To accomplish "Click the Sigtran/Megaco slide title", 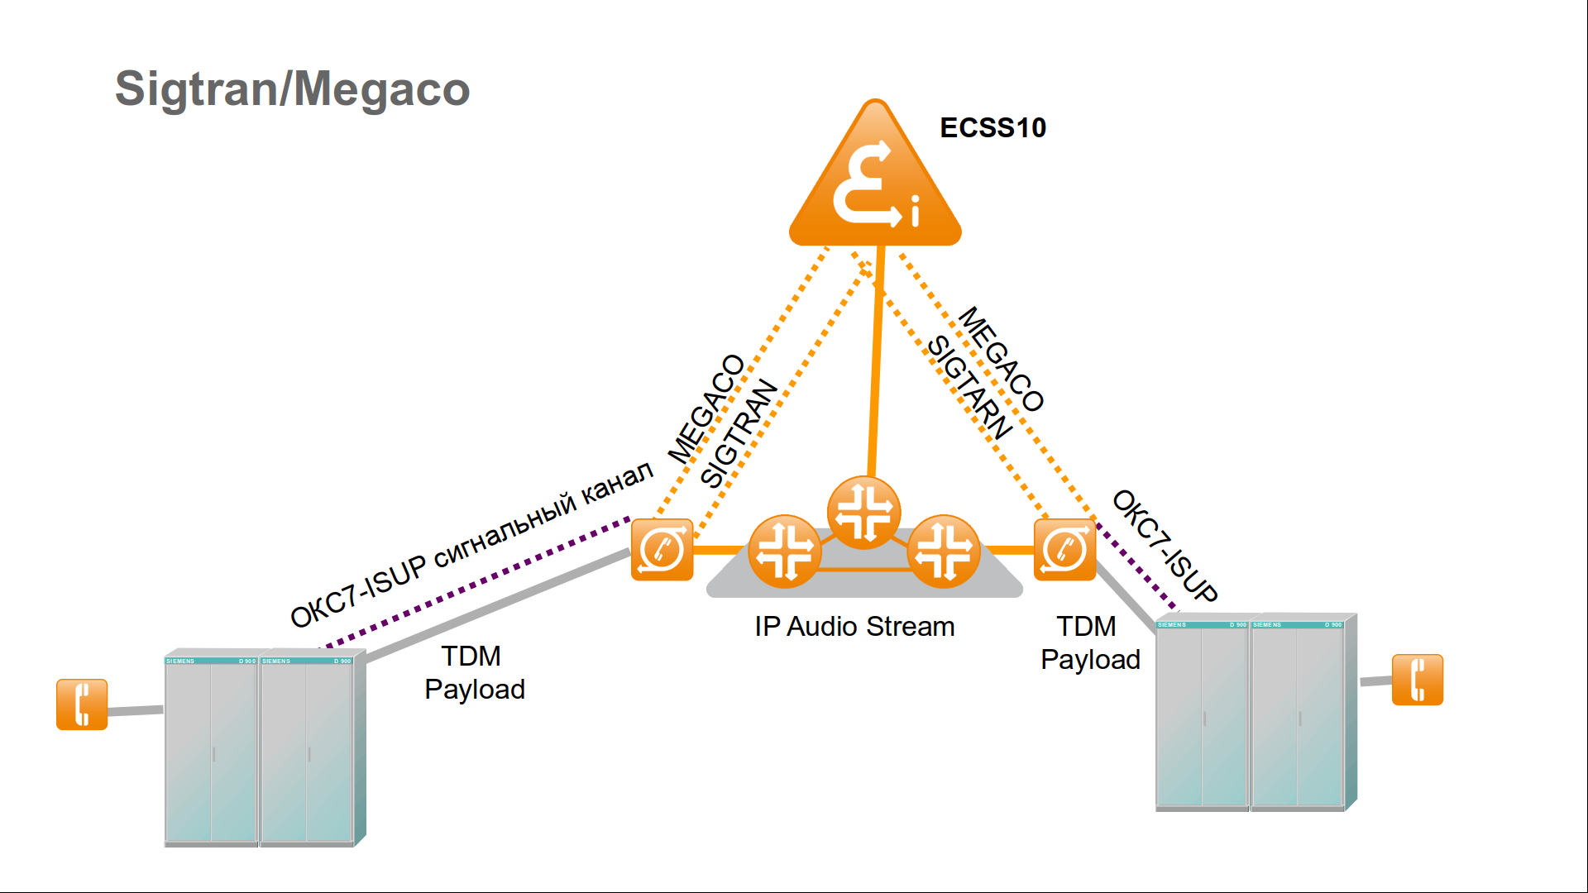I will click(292, 89).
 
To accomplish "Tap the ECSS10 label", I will click(992, 128).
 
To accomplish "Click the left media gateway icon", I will click(662, 550).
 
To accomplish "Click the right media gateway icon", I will click(1064, 550).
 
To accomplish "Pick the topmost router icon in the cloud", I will click(863, 513).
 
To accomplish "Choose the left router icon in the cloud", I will click(784, 552).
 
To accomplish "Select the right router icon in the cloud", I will click(943, 552).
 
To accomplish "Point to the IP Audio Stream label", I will click(854, 627).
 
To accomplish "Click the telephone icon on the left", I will click(82, 704).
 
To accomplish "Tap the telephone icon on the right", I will click(1417, 680).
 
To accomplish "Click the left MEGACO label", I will click(706, 409).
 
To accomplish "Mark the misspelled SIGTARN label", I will click(969, 387).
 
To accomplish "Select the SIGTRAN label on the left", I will click(739, 433).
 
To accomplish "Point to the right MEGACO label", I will click(1001, 359).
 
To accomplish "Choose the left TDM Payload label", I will click(474, 673).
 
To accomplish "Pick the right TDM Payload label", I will click(1089, 643).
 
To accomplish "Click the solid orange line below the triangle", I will click(876, 364).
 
